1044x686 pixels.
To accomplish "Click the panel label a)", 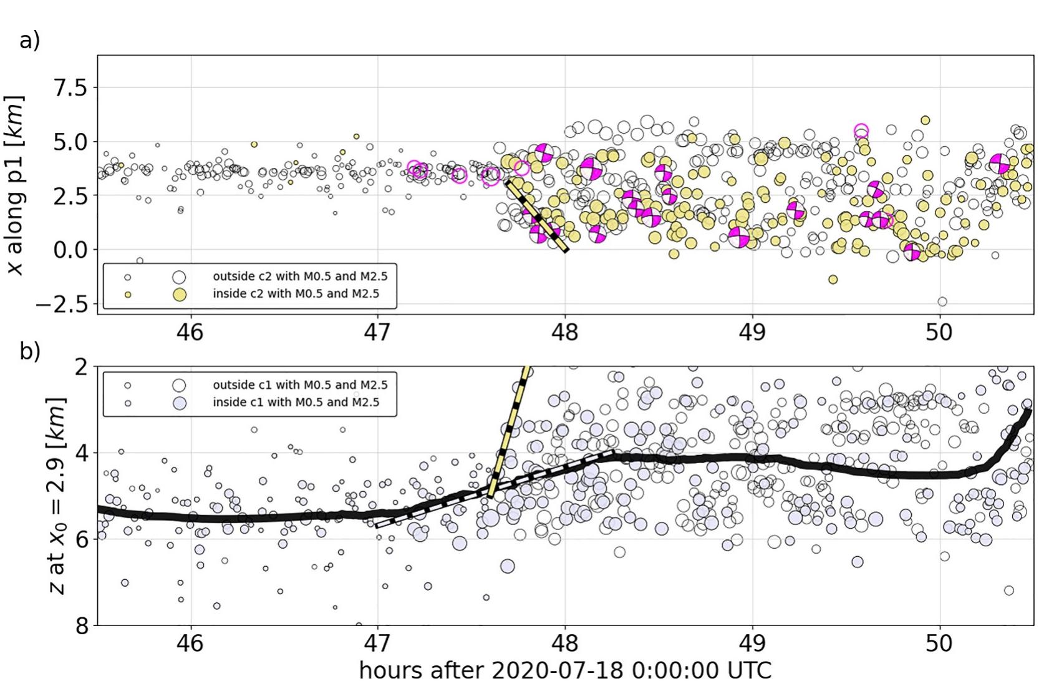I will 29,41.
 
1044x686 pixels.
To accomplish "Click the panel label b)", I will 29,351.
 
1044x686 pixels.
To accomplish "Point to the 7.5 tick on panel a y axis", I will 70,87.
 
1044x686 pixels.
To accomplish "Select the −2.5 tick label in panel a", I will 62,305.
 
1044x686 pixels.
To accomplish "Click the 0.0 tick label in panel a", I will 70,250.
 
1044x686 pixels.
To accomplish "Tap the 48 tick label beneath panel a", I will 564,333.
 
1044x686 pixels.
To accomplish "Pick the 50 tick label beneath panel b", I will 939,644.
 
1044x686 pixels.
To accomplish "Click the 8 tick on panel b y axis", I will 81,625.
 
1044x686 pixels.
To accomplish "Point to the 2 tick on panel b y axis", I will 81,366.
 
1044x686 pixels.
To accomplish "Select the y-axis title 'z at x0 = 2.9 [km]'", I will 57,495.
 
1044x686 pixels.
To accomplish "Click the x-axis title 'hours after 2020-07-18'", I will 564,670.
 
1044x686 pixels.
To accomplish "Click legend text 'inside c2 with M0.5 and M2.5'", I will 296,294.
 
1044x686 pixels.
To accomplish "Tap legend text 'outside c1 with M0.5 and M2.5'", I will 296,385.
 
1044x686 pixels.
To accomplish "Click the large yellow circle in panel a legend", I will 180,294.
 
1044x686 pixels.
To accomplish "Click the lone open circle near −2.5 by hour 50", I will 942,301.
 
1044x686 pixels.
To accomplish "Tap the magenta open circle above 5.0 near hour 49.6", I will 861,131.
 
